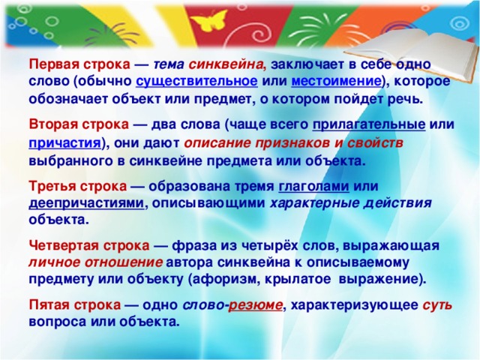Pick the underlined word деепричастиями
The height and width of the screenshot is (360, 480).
[x=86, y=203]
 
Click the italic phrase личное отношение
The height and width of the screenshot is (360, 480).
[x=95, y=263]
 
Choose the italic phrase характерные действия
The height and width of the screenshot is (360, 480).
[x=351, y=203]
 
